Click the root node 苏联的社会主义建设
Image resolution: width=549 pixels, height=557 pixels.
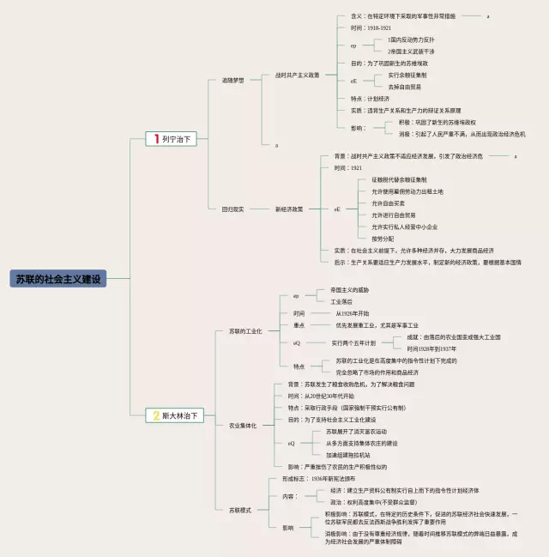tap(59, 279)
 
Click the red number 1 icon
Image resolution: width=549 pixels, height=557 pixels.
tap(155, 137)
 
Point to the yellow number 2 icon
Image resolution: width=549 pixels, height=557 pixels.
tap(155, 415)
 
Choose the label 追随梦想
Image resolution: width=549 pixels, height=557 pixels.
tap(232, 81)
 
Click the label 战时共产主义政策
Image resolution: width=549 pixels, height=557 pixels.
tap(298, 75)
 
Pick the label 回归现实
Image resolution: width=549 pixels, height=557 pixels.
tap(232, 209)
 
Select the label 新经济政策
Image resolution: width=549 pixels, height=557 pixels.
tap(289, 209)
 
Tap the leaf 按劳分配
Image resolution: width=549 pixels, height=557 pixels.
tap(383, 238)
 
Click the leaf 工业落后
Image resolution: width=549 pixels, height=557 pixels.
tap(334, 302)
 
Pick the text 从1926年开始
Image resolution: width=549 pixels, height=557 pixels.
tap(352, 313)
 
